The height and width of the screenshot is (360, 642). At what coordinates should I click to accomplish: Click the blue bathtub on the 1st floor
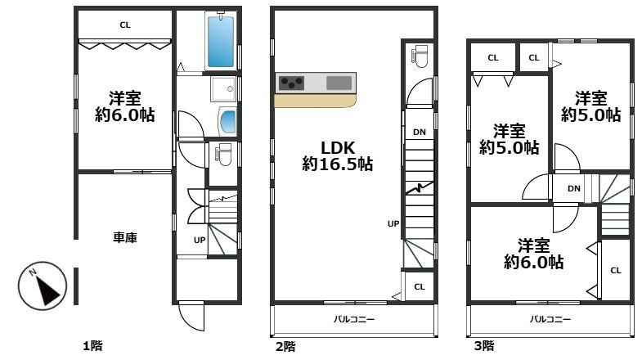221,40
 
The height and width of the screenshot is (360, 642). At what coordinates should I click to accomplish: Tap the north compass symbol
43,286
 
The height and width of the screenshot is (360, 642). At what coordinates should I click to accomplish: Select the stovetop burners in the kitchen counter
291,83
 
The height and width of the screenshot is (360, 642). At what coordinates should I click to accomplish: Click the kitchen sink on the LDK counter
339,83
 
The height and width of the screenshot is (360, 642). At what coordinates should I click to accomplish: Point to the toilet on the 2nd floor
420,56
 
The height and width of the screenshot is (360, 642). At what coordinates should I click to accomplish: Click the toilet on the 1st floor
223,154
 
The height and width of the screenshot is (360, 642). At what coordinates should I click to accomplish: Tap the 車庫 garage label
125,237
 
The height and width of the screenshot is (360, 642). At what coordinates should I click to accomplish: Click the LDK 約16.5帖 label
338,155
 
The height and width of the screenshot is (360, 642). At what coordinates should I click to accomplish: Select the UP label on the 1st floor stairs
200,240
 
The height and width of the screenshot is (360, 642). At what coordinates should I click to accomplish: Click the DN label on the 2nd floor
420,132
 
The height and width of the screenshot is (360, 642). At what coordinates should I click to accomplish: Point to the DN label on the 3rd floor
574,188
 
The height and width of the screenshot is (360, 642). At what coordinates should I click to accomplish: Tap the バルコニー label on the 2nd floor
354,319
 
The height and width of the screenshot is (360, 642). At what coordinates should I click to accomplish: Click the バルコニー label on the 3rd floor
550,319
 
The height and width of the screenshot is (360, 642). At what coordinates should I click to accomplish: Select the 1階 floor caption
92,346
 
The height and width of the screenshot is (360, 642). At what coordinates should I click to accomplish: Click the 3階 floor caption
484,346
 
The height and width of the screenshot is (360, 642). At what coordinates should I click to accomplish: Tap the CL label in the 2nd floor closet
420,286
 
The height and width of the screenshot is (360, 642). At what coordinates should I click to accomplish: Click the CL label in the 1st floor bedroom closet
125,25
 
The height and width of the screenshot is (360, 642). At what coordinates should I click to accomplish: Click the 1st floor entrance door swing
191,316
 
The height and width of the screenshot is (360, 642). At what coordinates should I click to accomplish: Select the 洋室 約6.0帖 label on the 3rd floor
533,254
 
